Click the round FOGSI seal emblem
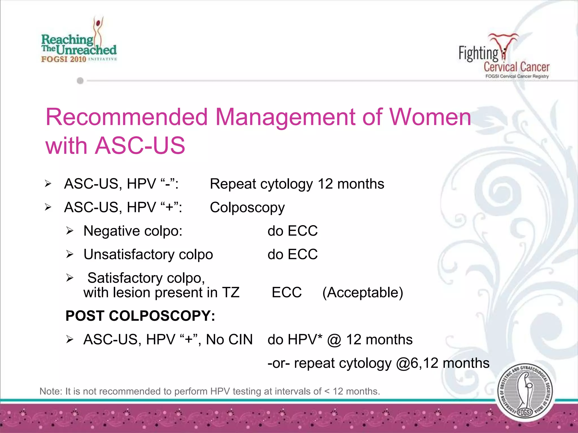(x=525, y=392)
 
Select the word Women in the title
(x=430, y=117)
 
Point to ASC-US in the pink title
(x=140, y=146)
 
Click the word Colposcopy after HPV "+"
(x=247, y=207)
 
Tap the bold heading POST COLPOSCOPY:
(x=140, y=316)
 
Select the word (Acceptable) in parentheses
(x=363, y=293)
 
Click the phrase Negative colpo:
(x=133, y=231)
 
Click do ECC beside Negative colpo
(x=292, y=231)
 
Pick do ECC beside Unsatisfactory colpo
(x=292, y=254)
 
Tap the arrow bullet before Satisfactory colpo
(x=70, y=278)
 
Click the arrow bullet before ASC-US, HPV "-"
(x=48, y=184)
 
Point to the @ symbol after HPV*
(x=334, y=340)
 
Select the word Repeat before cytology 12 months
(x=233, y=184)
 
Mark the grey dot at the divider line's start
(x=80, y=81)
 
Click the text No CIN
(x=229, y=340)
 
